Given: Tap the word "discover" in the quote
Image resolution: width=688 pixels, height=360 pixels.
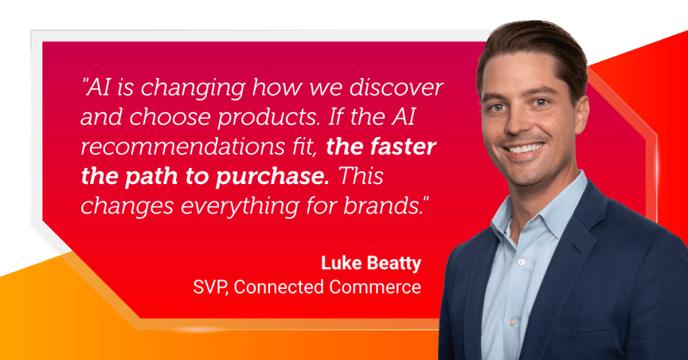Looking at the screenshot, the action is click(x=396, y=87).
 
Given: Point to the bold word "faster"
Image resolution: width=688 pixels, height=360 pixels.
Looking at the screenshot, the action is click(x=403, y=146).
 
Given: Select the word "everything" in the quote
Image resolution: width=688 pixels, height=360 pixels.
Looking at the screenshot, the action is click(x=240, y=206).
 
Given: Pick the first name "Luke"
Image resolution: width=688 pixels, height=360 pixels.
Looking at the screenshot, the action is click(x=341, y=263).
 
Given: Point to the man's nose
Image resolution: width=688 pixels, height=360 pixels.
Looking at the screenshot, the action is click(x=519, y=122).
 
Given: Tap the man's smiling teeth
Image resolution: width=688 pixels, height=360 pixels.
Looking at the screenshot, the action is click(x=525, y=148).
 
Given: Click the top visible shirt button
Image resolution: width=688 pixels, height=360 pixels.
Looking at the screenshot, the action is click(x=521, y=262).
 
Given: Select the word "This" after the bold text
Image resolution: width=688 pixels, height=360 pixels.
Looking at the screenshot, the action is click(x=361, y=176).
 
